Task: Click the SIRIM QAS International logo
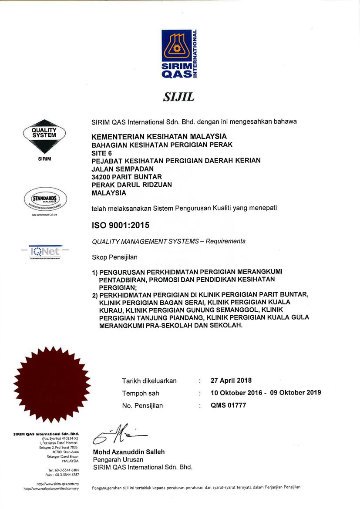point(180,54)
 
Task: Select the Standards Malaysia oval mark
point(45,199)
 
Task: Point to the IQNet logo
point(45,251)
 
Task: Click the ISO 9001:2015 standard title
point(121,226)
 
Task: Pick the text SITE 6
point(102,153)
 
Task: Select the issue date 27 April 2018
point(231,381)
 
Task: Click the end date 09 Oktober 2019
point(296,392)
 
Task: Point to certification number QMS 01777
point(228,405)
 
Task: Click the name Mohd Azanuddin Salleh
point(129,452)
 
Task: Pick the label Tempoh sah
point(141,393)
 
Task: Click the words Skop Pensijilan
point(114,257)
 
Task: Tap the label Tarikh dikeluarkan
point(149,381)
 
